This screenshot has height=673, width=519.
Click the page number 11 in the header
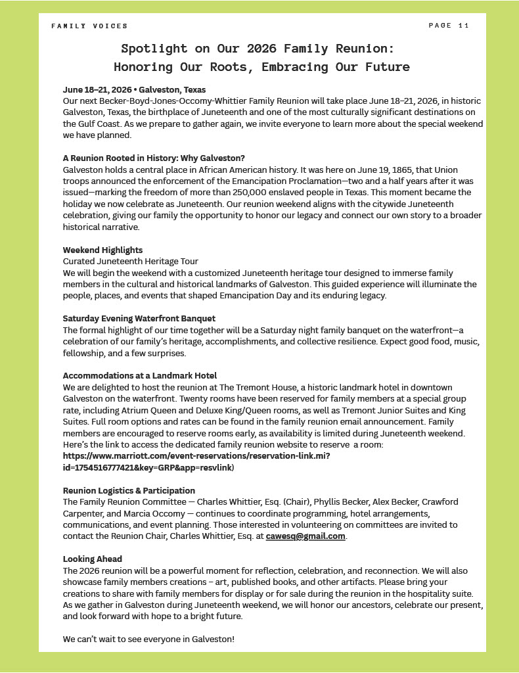(464, 26)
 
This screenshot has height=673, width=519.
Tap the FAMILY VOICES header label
(89, 26)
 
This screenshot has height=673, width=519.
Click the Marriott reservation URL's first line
(196, 455)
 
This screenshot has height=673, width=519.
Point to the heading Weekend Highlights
(102, 250)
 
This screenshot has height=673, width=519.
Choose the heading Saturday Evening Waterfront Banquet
(139, 318)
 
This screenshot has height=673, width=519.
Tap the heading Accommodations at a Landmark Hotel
(140, 375)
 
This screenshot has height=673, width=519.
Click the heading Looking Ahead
(93, 559)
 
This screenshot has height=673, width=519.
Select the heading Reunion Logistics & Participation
(129, 490)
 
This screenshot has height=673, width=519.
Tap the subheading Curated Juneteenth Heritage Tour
(131, 262)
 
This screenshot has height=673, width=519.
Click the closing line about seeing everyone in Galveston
(148, 639)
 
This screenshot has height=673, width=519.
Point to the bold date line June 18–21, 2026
(97, 89)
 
